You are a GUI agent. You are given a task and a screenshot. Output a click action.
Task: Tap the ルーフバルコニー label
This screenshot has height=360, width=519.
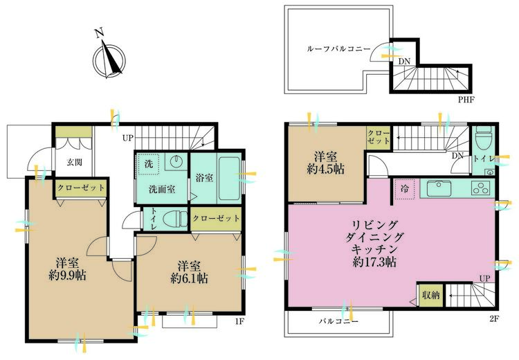click(338, 49)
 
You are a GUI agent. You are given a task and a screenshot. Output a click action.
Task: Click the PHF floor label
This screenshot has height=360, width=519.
click(466, 99)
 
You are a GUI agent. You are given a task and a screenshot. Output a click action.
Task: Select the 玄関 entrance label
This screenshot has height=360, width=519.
click(74, 162)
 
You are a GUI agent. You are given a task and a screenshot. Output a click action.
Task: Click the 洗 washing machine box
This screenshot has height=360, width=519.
click(149, 164)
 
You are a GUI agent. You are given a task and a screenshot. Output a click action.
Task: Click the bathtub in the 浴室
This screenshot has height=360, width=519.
click(229, 178)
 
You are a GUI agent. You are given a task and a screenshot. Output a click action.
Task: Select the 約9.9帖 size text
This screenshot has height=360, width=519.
click(68, 276)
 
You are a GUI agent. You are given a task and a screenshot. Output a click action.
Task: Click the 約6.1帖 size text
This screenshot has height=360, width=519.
click(190, 278)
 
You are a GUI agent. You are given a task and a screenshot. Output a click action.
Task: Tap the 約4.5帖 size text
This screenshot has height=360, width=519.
click(326, 169)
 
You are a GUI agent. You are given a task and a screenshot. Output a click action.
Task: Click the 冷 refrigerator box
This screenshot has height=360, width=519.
click(405, 189)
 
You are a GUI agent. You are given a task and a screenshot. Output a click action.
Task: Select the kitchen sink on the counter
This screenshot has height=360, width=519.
click(439, 189)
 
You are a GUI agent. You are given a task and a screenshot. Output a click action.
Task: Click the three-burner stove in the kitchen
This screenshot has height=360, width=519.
click(481, 188)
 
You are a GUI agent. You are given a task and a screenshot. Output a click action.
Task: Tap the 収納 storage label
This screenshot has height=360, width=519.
click(431, 295)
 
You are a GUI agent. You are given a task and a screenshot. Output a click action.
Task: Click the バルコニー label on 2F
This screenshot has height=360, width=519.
click(338, 321)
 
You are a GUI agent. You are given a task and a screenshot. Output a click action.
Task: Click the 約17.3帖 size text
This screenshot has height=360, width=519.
click(374, 262)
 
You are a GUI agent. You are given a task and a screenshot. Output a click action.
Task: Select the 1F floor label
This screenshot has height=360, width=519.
click(239, 321)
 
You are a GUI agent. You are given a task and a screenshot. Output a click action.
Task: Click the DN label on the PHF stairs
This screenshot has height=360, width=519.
click(404, 62)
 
